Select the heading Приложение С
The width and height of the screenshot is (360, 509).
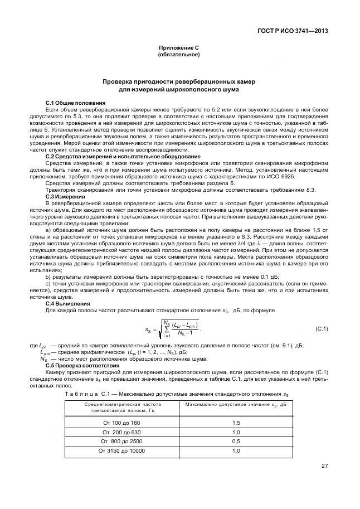point(179,49)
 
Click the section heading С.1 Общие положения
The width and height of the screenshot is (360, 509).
point(75,103)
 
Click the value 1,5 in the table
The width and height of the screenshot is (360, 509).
point(236,423)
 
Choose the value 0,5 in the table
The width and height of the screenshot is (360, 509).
point(236,441)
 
